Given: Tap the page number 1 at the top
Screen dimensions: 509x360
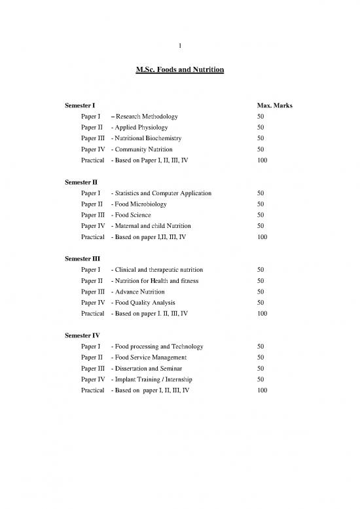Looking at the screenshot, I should click(x=180, y=44).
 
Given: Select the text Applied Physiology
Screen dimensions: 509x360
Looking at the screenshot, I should click(x=142, y=128).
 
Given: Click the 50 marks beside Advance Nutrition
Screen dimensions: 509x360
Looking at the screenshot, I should click(x=261, y=292).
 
